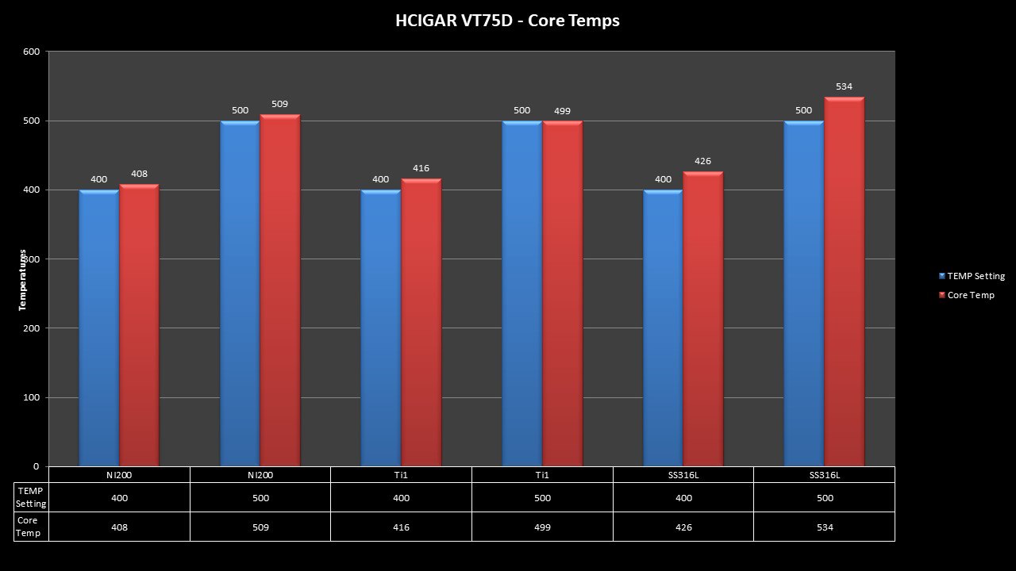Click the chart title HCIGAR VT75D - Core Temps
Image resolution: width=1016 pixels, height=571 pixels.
[x=507, y=21]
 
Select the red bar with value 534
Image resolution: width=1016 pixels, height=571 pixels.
[x=844, y=282]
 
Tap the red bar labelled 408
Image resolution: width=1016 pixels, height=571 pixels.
[x=139, y=325]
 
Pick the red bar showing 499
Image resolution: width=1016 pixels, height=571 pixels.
[x=562, y=293]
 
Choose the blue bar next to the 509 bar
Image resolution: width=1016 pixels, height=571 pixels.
[x=240, y=293]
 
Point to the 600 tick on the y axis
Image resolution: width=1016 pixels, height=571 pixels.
[x=32, y=52]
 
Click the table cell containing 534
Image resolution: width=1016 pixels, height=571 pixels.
[x=824, y=527]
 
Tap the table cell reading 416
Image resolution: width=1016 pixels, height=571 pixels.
[x=401, y=527]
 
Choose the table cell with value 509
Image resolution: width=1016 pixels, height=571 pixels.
[x=260, y=527]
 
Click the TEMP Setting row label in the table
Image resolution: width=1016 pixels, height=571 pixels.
[x=32, y=497]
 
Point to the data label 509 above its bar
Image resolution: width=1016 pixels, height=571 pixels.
[x=279, y=104]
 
